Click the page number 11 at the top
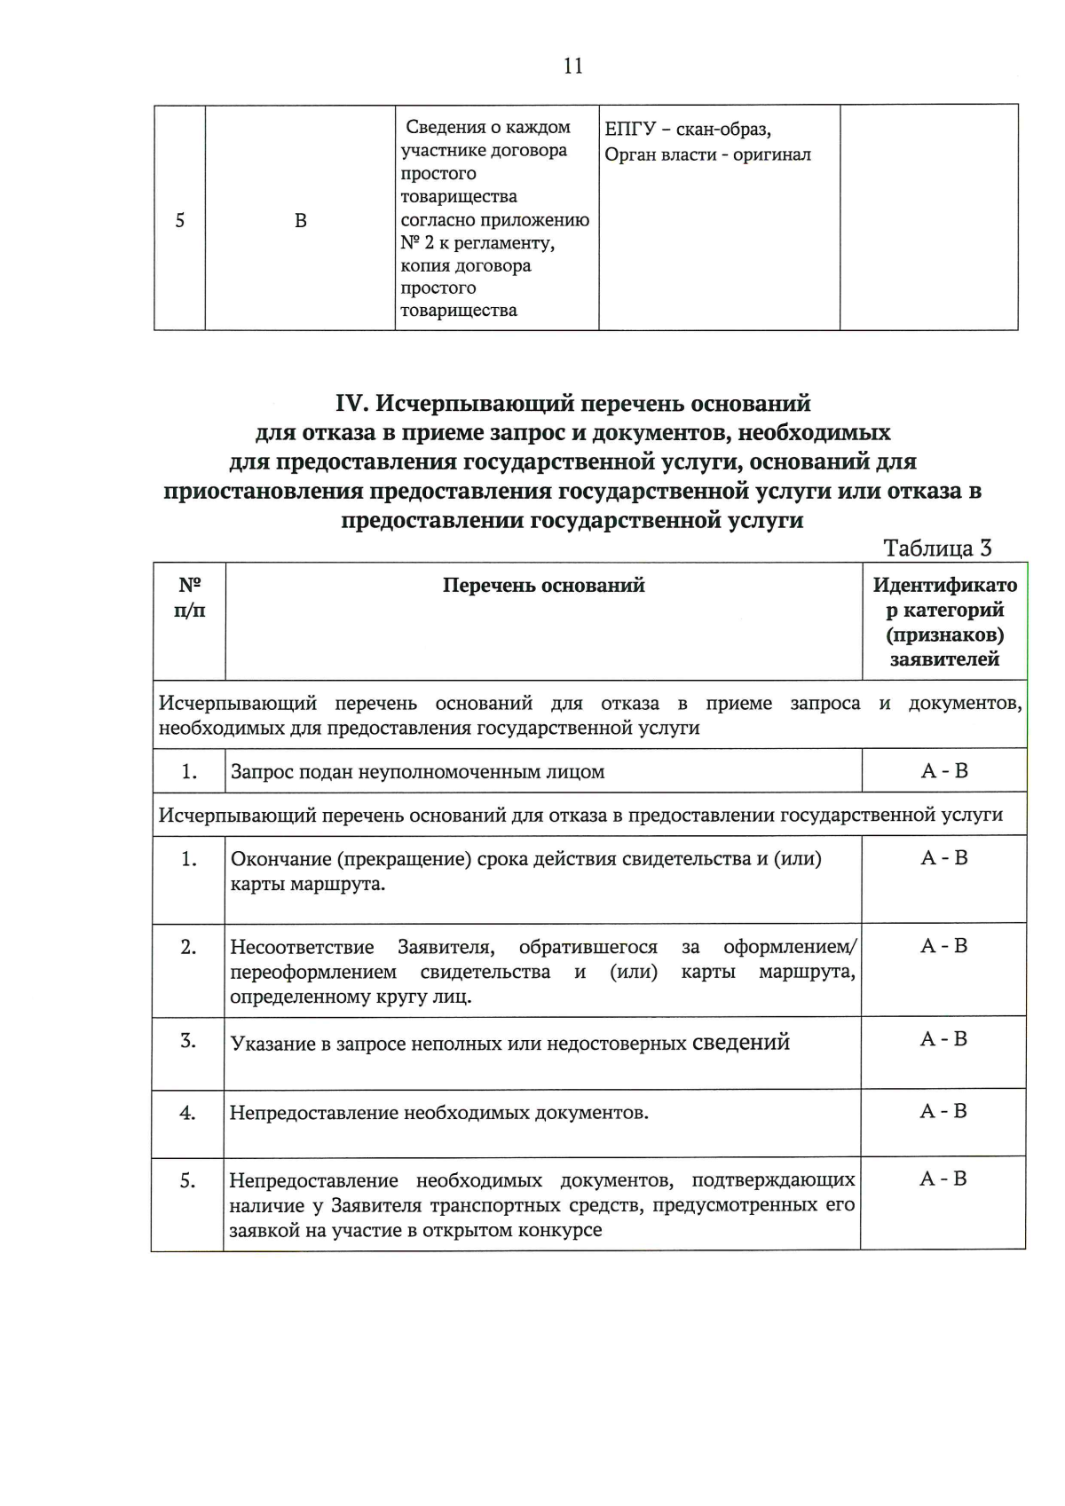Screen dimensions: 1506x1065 click(573, 66)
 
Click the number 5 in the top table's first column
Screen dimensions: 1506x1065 click(180, 220)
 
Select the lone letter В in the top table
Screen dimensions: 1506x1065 click(301, 221)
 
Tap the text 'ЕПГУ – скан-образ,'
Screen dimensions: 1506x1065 click(688, 130)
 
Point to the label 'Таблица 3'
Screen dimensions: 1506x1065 click(937, 548)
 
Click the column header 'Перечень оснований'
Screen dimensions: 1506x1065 click(543, 586)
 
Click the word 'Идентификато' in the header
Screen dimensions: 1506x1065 click(944, 586)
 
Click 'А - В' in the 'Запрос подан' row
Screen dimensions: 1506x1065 click(944, 771)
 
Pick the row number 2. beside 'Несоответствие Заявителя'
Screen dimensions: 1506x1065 click(188, 947)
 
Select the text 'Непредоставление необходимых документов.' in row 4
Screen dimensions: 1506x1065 click(438, 1113)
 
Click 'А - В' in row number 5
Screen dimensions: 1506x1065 click(943, 1179)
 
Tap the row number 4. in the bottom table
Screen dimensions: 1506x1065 click(187, 1113)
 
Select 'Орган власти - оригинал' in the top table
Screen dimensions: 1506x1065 click(707, 155)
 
